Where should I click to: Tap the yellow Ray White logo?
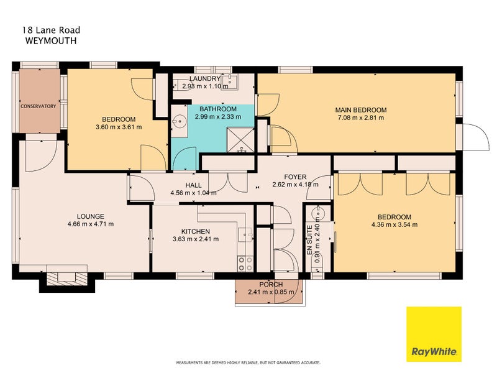click(434, 334)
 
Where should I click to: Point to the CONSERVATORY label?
click(39, 106)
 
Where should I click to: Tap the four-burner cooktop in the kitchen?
click(245, 264)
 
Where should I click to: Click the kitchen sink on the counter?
click(245, 236)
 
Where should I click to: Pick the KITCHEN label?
click(195, 231)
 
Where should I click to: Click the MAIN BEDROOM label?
click(362, 110)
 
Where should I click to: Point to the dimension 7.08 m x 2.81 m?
click(362, 118)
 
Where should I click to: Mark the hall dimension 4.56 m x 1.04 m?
click(193, 193)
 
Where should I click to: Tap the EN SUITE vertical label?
click(309, 240)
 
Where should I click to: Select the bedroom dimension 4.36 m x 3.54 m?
click(394, 225)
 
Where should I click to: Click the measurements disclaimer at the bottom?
click(248, 362)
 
